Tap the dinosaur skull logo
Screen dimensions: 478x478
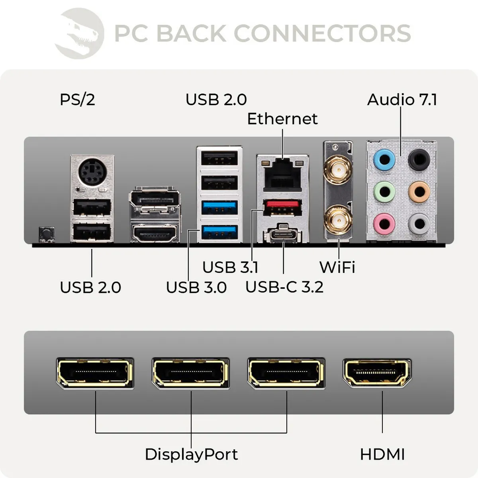pos(80,34)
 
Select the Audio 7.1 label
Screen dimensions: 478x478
pos(402,100)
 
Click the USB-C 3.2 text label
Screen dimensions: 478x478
pos(284,287)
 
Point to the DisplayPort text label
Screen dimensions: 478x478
pos(191,454)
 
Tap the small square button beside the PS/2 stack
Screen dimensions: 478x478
pos(46,234)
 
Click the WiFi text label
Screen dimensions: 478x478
pos(337,267)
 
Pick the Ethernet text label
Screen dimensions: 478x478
pos(282,119)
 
